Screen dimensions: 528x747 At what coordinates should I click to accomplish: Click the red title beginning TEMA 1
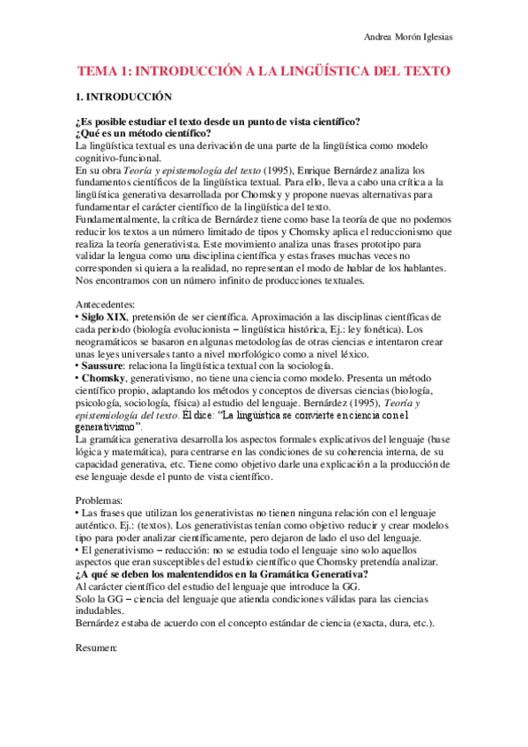point(264,70)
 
